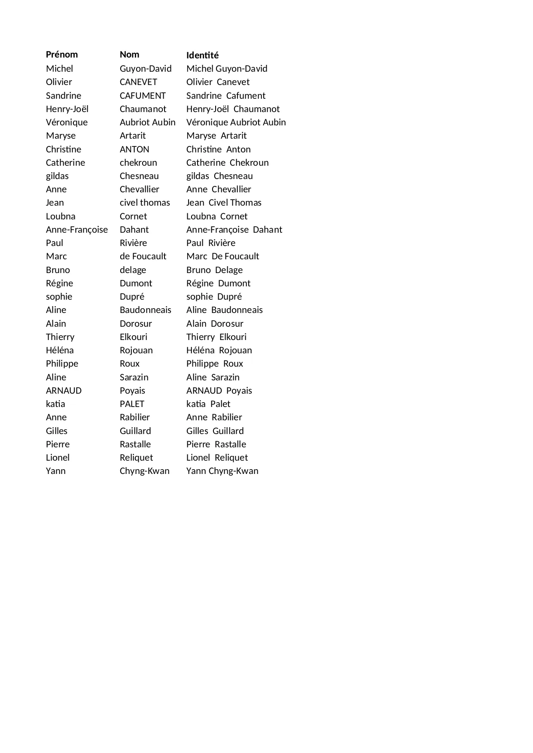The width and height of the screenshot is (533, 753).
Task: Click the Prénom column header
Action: pos(62,55)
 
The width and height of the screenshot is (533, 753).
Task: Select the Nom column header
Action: pos(129,55)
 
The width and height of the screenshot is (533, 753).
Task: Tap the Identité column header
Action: pos(202,55)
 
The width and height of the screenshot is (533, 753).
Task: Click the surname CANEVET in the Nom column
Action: pos(138,82)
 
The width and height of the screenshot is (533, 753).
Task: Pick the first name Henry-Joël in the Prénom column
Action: pos(67,109)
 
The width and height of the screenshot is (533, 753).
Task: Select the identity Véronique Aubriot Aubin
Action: pos(236,122)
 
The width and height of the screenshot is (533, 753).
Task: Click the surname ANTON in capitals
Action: pos(134,149)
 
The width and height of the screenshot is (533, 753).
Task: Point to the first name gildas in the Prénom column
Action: pos(57,176)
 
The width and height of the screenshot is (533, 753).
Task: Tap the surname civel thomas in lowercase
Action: pos(145,203)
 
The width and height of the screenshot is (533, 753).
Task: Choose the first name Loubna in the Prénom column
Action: pos(61,216)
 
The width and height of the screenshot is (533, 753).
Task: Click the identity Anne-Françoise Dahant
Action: pos(234,230)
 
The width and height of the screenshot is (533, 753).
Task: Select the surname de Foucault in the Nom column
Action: pos(143,256)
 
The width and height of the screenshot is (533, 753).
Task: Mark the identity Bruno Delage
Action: pos(214,270)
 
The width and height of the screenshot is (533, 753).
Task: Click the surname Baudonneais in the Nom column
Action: pos(145,310)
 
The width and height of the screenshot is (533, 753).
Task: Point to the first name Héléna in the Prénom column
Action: pos(60,350)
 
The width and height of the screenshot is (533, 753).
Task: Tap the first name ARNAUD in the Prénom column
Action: pos(64,391)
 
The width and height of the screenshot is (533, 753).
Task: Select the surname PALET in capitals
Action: pos(132,404)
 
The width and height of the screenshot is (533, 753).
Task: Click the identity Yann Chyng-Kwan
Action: pos(222,471)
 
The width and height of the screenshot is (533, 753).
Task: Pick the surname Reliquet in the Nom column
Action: pos(136,458)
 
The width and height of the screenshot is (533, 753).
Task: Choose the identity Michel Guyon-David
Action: pos(227,69)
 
